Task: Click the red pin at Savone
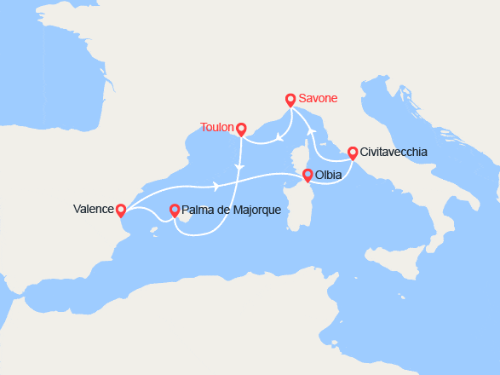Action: pyautogui.click(x=290, y=99)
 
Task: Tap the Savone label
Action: pyautogui.click(x=319, y=98)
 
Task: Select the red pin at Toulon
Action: pyautogui.click(x=241, y=129)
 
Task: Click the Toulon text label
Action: pyautogui.click(x=217, y=128)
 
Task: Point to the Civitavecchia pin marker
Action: pyautogui.click(x=352, y=153)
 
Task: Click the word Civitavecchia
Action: pyautogui.click(x=394, y=153)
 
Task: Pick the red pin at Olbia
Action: pyautogui.click(x=307, y=176)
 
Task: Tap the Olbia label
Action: pyautogui.click(x=329, y=176)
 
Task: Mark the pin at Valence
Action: pyautogui.click(x=121, y=210)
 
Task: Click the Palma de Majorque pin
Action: pyautogui.click(x=175, y=210)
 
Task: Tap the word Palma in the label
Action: pyautogui.click(x=198, y=210)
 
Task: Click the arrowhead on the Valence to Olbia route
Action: pyautogui.click(x=217, y=185)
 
